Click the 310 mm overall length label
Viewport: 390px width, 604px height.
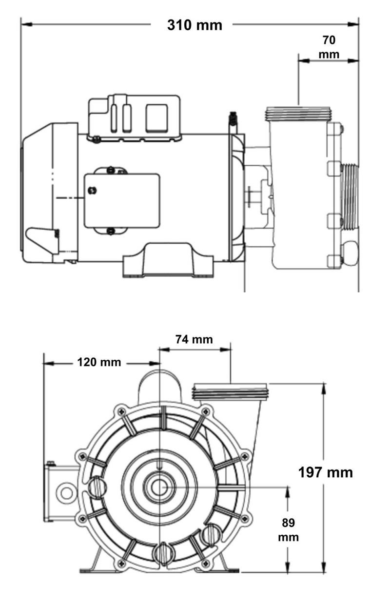point(195,25)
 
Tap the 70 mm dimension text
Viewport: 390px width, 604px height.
point(329,47)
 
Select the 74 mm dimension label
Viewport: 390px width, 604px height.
point(194,339)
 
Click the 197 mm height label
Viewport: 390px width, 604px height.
point(325,472)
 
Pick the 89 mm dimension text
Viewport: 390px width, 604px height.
point(288,530)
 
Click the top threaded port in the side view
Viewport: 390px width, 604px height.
point(298,114)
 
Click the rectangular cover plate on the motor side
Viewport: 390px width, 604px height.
point(122,200)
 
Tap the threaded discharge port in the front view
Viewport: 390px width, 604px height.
point(230,391)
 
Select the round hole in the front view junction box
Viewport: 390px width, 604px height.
point(65,492)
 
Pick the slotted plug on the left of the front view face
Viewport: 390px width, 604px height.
point(97,486)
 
